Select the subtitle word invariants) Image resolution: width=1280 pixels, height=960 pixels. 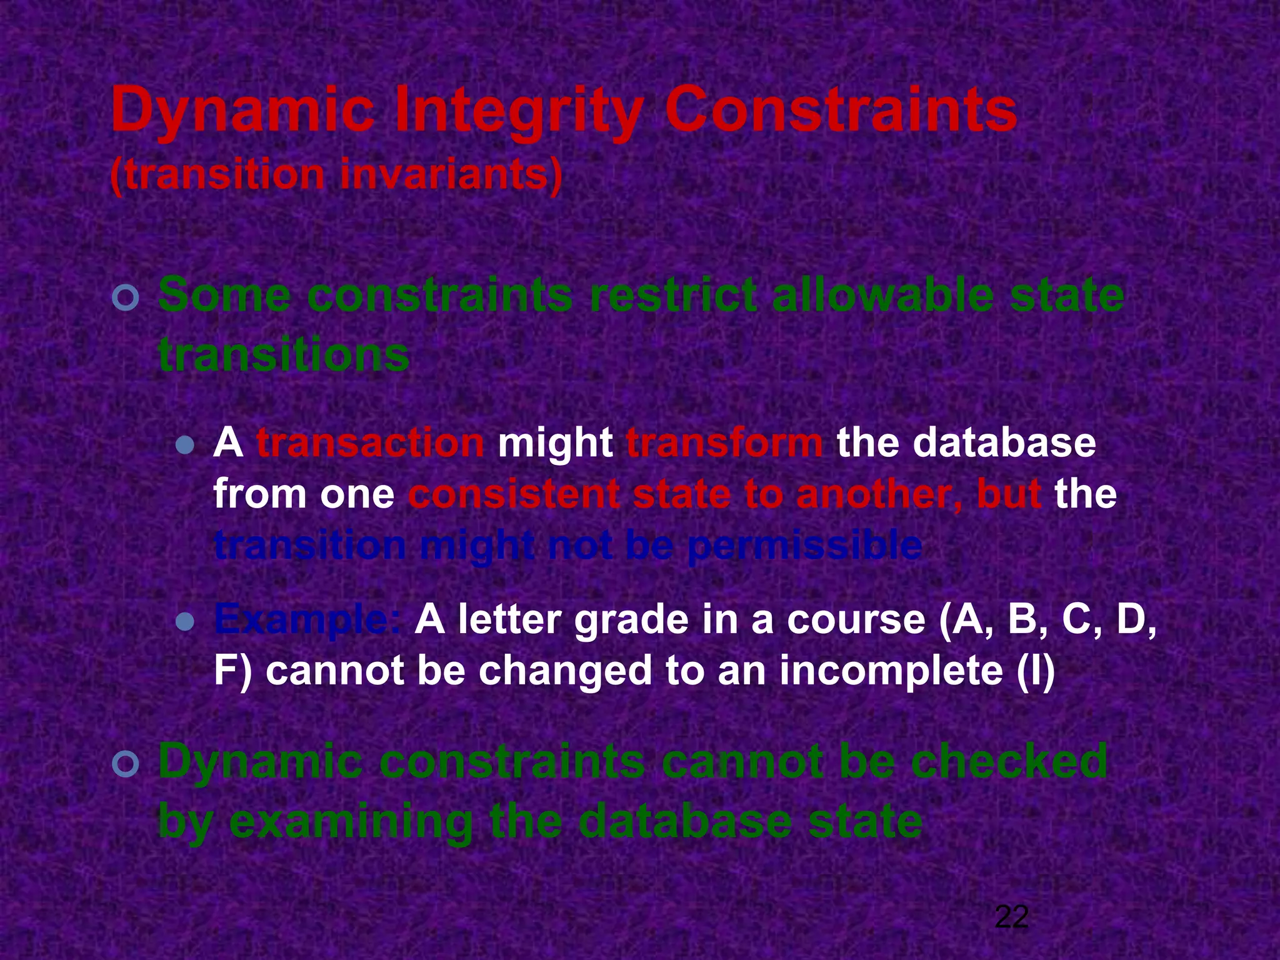tap(451, 175)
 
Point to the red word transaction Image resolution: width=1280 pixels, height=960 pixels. tap(370, 443)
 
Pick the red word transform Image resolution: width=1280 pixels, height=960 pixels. tap(725, 443)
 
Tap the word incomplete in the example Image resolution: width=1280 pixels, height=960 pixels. tap(891, 671)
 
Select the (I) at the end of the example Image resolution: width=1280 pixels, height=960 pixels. tap(1036, 671)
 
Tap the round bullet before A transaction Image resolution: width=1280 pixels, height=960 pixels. tap(185, 446)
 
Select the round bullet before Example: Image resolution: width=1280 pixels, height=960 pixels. tap(185, 621)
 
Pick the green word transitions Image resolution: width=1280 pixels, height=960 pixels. tap(284, 355)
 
